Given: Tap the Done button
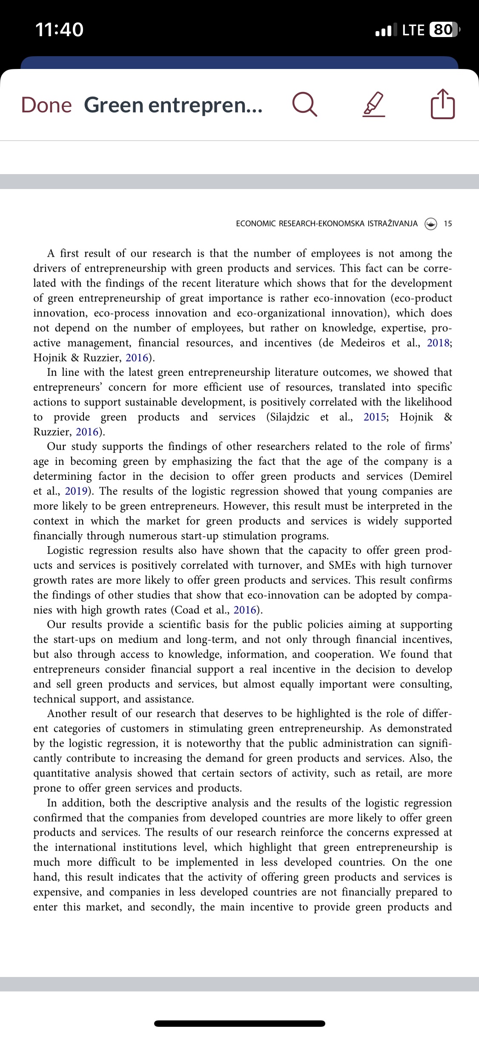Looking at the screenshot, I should (x=46, y=105).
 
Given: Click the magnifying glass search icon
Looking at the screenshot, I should (x=305, y=105).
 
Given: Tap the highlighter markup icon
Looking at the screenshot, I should (x=374, y=105).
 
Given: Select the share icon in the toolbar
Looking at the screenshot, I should (x=443, y=104).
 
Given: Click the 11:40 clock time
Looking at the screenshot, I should (x=59, y=30).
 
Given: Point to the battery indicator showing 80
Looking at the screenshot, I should (x=443, y=30).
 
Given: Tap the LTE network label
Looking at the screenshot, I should (x=413, y=30).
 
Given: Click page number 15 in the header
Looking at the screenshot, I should (x=447, y=223).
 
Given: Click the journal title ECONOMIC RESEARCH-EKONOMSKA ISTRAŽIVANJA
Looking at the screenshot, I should (x=327, y=223).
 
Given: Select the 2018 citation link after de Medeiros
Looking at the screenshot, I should (x=438, y=343).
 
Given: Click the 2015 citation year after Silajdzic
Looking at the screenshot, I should (x=375, y=417).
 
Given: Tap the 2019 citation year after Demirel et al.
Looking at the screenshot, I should (x=76, y=491).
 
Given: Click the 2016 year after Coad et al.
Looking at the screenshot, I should (x=245, y=610).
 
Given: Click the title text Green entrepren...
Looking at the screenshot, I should (x=173, y=105).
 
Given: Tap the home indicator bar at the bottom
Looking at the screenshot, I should (x=239, y=1023).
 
